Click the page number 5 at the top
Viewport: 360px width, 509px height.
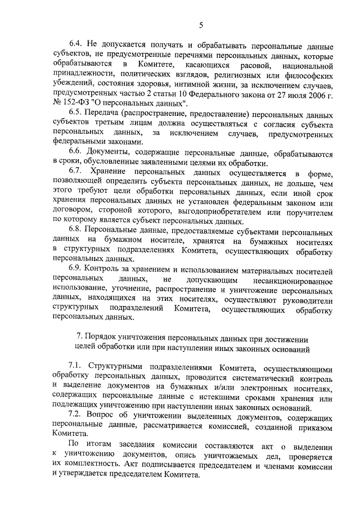[201, 24]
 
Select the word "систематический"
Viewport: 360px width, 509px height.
[244, 377]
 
